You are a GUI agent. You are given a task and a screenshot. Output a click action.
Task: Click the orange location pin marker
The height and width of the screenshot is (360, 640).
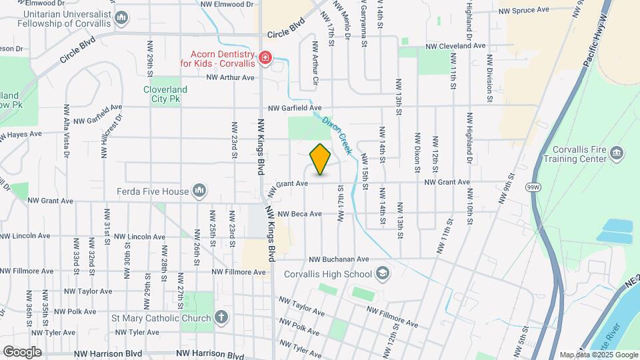pos(320,159)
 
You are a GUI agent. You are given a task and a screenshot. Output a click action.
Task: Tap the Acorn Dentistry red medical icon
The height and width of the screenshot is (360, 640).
pos(266,59)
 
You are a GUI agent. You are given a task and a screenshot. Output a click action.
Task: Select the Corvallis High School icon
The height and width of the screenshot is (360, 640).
pos(383,273)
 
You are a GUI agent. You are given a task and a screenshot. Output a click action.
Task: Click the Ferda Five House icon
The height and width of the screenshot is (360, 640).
pos(199,191)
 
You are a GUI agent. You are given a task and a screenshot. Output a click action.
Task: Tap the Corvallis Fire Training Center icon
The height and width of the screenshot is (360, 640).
pos(617,154)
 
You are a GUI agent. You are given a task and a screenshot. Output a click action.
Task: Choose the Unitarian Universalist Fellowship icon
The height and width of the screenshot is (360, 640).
pos(121,18)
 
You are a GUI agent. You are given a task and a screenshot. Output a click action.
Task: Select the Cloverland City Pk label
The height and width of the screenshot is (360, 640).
pos(165,94)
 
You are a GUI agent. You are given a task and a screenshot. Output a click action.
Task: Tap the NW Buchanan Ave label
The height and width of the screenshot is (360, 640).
pos(339,259)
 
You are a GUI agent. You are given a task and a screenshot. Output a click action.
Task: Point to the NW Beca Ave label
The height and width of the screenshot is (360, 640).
pos(300,214)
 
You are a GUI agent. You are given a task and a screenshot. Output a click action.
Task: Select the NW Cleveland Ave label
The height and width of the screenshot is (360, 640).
pos(457,46)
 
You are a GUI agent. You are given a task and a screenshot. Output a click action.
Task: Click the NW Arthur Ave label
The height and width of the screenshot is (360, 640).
pos(231,77)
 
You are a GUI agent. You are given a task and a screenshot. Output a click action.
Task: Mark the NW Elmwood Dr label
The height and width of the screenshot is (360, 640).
pos(231,4)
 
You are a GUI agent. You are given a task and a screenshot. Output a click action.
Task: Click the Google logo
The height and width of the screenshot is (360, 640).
pos(22,351)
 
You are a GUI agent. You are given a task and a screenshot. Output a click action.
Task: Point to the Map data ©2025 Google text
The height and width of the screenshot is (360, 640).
pos(598,355)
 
